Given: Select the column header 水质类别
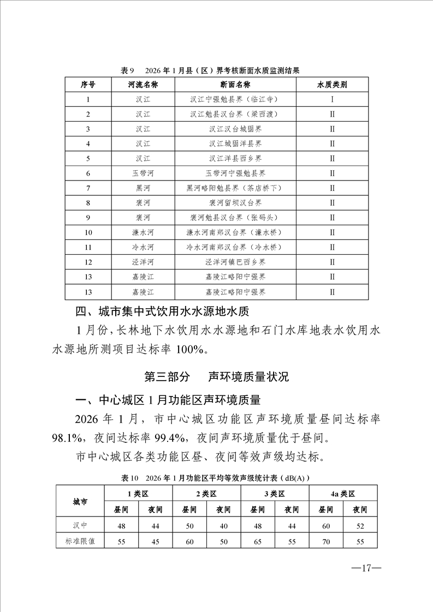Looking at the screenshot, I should pos(332,85).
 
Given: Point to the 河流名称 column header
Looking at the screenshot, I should pos(143,85).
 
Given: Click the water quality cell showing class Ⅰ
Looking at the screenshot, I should pos(332,100).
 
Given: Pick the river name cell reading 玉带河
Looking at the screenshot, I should pos(143,173).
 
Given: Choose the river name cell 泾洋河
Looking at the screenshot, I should pos(143,262).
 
